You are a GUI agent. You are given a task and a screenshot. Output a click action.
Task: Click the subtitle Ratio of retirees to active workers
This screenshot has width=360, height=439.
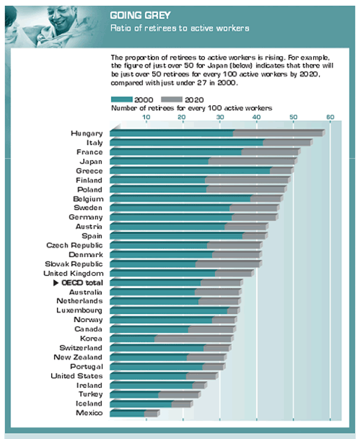[x=180, y=28]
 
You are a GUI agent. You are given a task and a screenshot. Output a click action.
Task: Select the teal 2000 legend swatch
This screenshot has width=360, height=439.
[x=121, y=99]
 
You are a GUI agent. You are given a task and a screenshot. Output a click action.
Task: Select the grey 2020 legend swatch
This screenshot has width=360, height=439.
[x=171, y=99]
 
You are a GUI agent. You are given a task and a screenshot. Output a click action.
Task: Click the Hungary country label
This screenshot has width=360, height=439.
[x=87, y=134]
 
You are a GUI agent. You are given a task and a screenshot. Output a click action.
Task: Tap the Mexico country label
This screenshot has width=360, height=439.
[x=89, y=413]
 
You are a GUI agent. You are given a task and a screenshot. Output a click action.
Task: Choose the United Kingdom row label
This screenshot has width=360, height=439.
[x=74, y=274]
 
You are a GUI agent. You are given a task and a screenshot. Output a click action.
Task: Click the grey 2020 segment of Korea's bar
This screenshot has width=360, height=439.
[x=194, y=339]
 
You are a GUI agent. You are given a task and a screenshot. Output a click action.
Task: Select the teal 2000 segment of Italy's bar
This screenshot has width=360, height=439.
[x=186, y=143]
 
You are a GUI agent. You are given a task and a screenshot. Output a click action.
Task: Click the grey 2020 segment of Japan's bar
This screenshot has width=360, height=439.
[x=253, y=161]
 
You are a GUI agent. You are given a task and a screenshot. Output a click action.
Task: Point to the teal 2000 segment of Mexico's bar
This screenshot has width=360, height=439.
[x=127, y=413]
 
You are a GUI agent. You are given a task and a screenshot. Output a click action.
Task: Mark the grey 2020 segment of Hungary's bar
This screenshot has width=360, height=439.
[x=279, y=134]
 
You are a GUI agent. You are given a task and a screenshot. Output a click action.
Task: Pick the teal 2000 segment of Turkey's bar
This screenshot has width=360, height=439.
[x=134, y=395]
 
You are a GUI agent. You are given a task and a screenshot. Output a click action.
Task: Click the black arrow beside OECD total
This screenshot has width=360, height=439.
[x=56, y=283]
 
